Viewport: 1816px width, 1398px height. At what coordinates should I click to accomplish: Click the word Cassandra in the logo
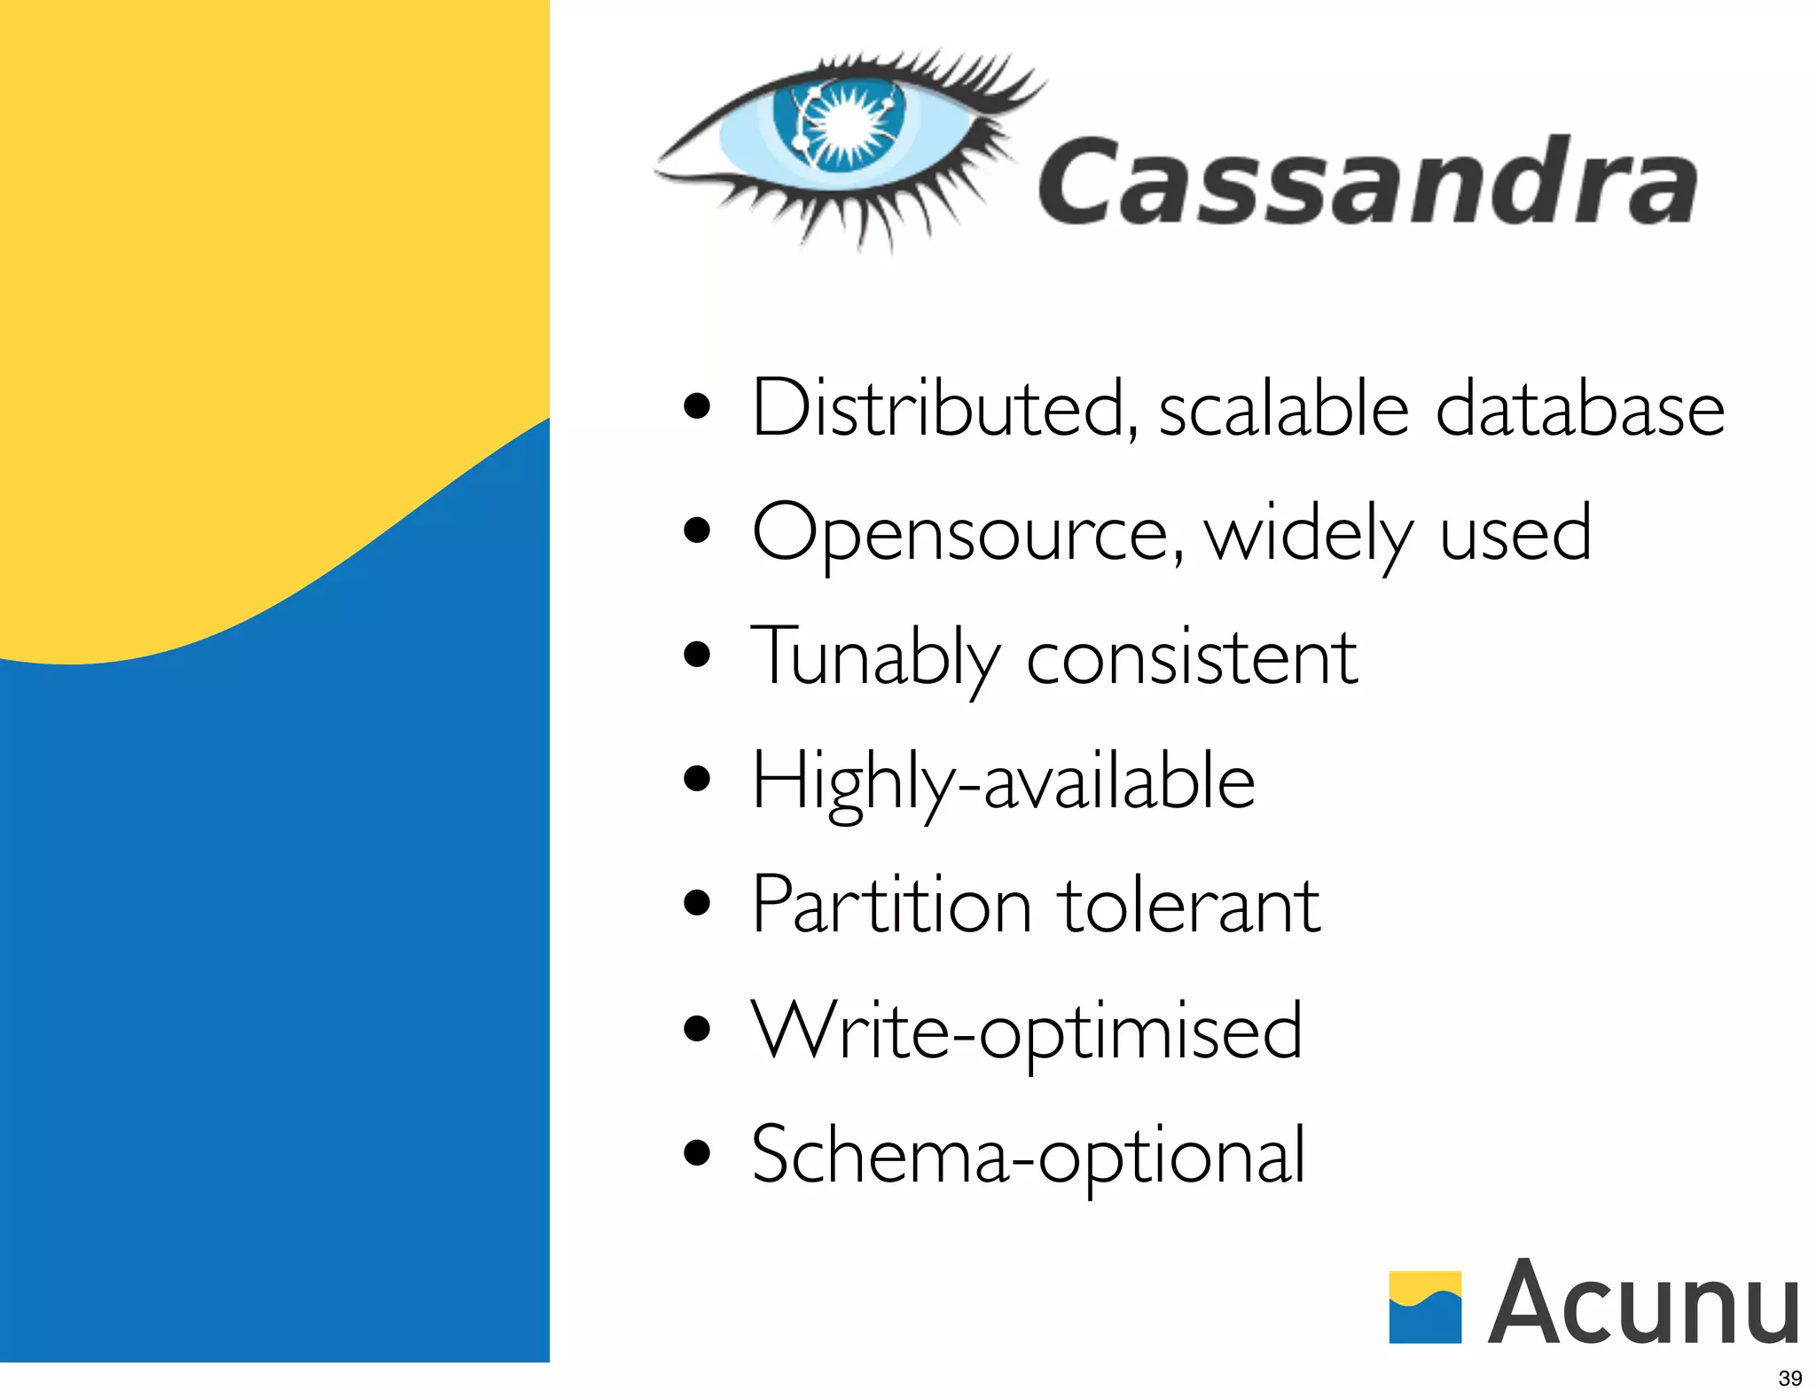1366,181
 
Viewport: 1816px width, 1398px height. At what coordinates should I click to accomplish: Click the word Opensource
967,534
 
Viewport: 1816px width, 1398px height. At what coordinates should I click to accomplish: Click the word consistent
1191,657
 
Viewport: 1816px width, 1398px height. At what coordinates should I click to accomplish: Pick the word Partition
891,905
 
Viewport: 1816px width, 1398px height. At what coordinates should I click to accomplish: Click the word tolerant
1188,905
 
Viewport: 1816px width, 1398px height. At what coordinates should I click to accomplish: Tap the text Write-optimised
1027,1030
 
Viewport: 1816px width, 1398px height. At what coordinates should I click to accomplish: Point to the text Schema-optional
1028,1154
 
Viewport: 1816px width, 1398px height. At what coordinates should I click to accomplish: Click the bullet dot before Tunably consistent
698,656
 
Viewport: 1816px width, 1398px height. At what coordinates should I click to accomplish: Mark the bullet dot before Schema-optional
698,1152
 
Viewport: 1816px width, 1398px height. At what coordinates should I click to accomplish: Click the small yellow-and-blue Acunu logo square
1424,1307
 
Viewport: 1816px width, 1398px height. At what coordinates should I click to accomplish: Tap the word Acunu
1644,1302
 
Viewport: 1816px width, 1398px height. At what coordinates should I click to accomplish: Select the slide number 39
1789,1378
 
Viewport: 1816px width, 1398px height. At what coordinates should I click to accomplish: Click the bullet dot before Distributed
698,406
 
